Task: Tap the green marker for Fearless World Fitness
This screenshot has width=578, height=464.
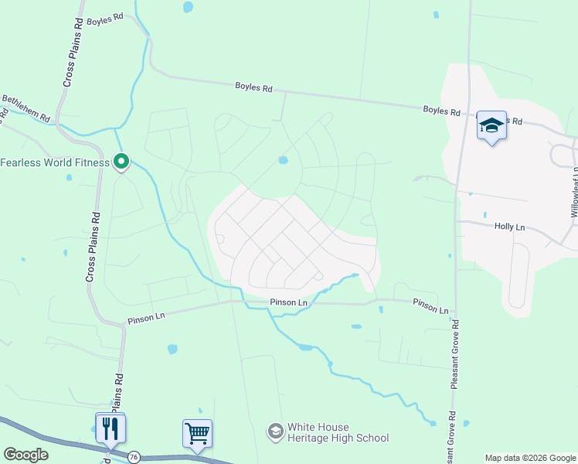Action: [x=121, y=162]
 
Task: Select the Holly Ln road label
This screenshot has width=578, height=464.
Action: [x=509, y=227]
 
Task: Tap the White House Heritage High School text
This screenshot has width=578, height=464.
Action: [x=338, y=432]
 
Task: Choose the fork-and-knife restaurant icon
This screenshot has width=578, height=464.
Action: [x=110, y=427]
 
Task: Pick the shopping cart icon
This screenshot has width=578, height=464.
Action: [x=197, y=433]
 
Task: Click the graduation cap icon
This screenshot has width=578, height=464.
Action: [x=491, y=125]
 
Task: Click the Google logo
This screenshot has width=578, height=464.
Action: [x=25, y=455]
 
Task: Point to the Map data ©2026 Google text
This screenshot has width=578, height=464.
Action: [x=531, y=458]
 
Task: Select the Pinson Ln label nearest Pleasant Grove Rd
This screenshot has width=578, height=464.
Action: [x=430, y=306]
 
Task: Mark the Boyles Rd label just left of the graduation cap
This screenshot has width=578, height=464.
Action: [x=441, y=111]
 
